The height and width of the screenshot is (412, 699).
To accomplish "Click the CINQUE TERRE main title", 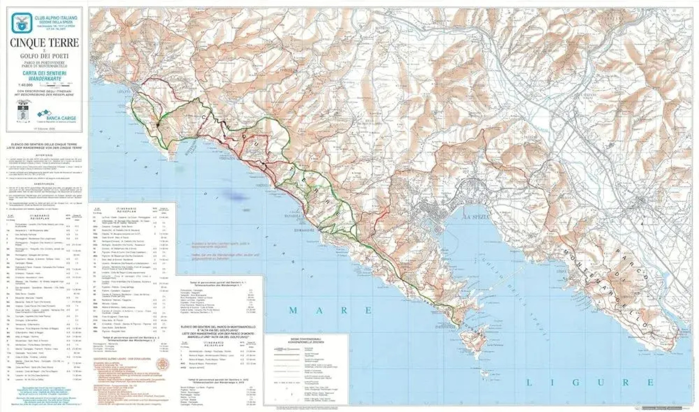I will (x=44, y=43).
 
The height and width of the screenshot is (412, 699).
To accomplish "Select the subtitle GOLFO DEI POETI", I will (x=44, y=56).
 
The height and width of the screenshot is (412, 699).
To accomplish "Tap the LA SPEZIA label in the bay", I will (x=476, y=217).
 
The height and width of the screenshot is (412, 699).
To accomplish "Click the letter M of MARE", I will (x=293, y=311).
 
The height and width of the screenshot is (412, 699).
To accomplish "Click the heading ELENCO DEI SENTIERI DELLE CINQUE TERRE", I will (x=45, y=145).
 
